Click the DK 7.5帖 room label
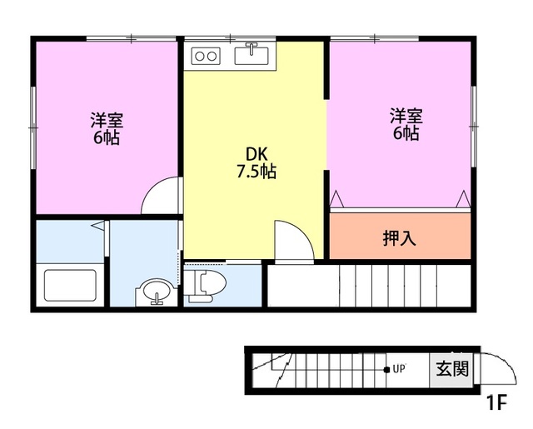[x=256, y=163]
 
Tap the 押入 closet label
[x=399, y=237]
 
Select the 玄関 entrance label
[x=451, y=367]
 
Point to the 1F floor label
[x=496, y=404]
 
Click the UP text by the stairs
[x=399, y=368]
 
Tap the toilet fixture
[x=204, y=283]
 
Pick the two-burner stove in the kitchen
[x=206, y=56]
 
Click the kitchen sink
[x=250, y=56]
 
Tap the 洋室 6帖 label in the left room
[x=106, y=128]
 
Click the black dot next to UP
[x=386, y=368]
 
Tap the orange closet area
[x=400, y=237]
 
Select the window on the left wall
[x=34, y=126]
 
